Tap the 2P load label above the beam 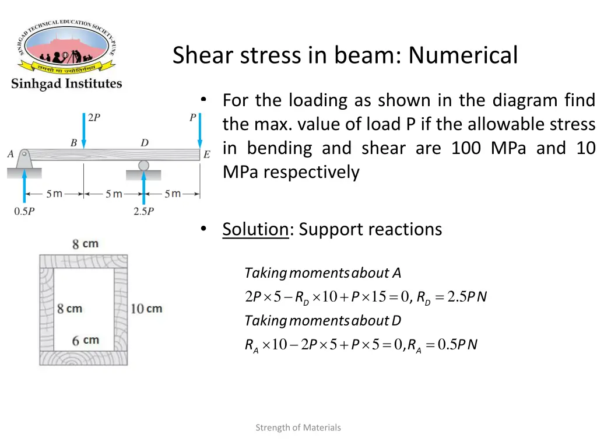coord(94,117)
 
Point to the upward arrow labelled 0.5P coord(24,186)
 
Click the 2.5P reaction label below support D coord(143,212)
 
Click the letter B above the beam coord(73,142)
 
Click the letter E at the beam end coord(206,155)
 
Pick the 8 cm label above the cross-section coord(85,244)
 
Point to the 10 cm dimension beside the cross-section coord(146,308)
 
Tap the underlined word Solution coord(255,229)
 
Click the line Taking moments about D coord(322,321)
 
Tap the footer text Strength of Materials coord(298,428)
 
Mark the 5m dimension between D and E coord(173,194)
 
